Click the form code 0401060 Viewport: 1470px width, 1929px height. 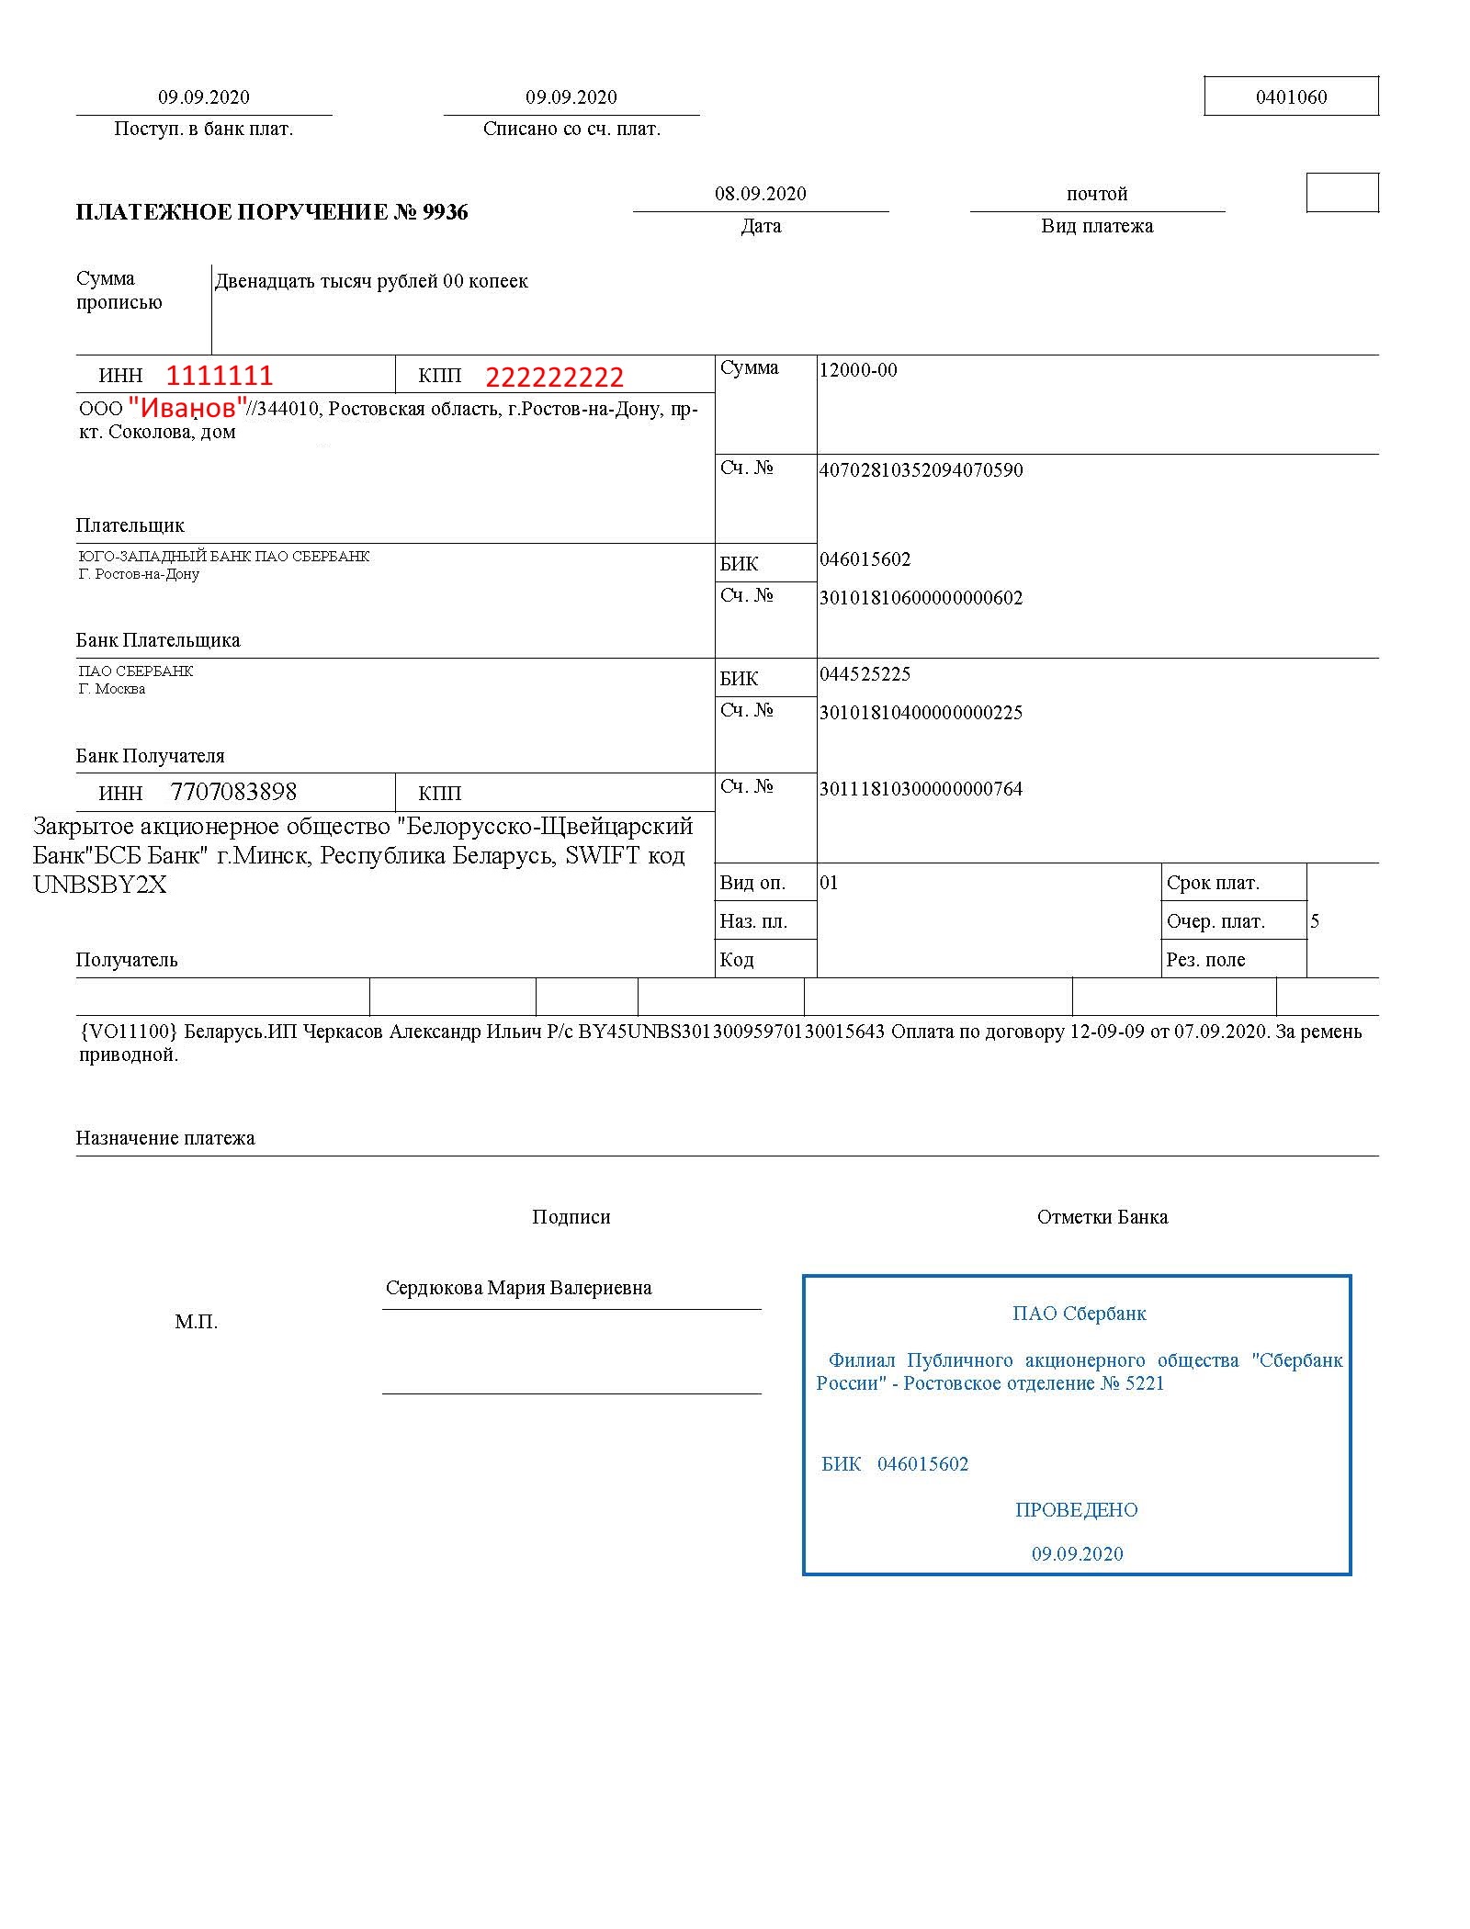click(x=1291, y=97)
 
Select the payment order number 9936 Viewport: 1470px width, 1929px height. click(x=445, y=212)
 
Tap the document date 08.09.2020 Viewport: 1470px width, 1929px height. click(x=760, y=194)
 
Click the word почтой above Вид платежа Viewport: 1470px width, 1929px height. click(x=1096, y=194)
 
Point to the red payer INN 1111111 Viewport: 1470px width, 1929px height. click(x=220, y=376)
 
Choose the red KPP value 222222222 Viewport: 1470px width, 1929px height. click(x=554, y=377)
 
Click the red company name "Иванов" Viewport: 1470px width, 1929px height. click(x=188, y=406)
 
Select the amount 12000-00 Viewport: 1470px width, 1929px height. click(x=858, y=370)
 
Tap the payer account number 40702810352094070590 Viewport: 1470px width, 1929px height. click(x=921, y=470)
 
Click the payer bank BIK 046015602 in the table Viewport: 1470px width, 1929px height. click(x=865, y=559)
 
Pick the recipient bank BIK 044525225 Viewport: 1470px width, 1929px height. click(x=865, y=674)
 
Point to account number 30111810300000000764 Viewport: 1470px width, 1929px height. click(x=921, y=789)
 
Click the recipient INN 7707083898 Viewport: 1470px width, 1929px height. click(x=233, y=792)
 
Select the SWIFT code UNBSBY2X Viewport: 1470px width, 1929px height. click(x=100, y=885)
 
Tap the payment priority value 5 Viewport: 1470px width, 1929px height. click(x=1315, y=921)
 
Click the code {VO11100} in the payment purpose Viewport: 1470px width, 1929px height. click(x=128, y=1032)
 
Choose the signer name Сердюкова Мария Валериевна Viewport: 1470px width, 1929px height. click(x=518, y=1288)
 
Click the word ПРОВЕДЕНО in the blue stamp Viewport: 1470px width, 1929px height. click(x=1076, y=1510)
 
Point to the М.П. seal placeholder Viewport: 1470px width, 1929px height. click(x=196, y=1322)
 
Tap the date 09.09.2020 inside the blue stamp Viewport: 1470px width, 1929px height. click(x=1077, y=1554)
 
